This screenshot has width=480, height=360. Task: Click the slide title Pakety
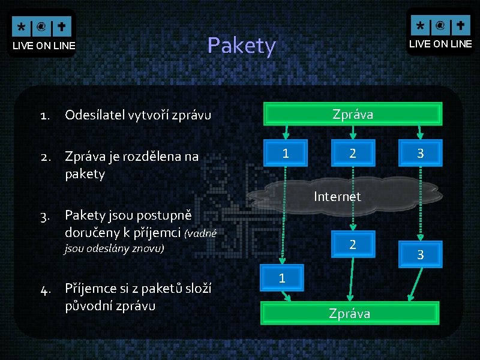pyautogui.click(x=241, y=46)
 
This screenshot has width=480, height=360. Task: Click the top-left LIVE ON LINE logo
pyautogui.click(x=43, y=34)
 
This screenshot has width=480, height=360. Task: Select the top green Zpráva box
pyautogui.click(x=353, y=114)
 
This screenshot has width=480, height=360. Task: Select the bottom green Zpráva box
pyautogui.click(x=349, y=313)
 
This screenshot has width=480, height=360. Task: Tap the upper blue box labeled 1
pyautogui.click(x=286, y=153)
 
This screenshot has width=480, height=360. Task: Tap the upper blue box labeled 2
pyautogui.click(x=353, y=153)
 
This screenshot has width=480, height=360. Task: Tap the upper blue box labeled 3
pyautogui.click(x=420, y=153)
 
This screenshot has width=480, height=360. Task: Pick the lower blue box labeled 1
pyautogui.click(x=281, y=278)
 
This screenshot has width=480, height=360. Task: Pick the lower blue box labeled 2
pyautogui.click(x=353, y=244)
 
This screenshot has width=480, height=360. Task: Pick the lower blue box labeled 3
pyautogui.click(x=420, y=255)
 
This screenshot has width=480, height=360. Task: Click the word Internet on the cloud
pyautogui.click(x=337, y=196)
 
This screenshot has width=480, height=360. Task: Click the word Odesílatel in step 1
pyautogui.click(x=91, y=115)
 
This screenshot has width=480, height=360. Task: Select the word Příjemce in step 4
pyautogui.click(x=90, y=289)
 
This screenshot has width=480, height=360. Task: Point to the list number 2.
pyautogui.click(x=45, y=157)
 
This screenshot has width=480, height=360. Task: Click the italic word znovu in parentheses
pyautogui.click(x=149, y=248)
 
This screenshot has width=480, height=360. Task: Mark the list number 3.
pyautogui.click(x=45, y=215)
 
